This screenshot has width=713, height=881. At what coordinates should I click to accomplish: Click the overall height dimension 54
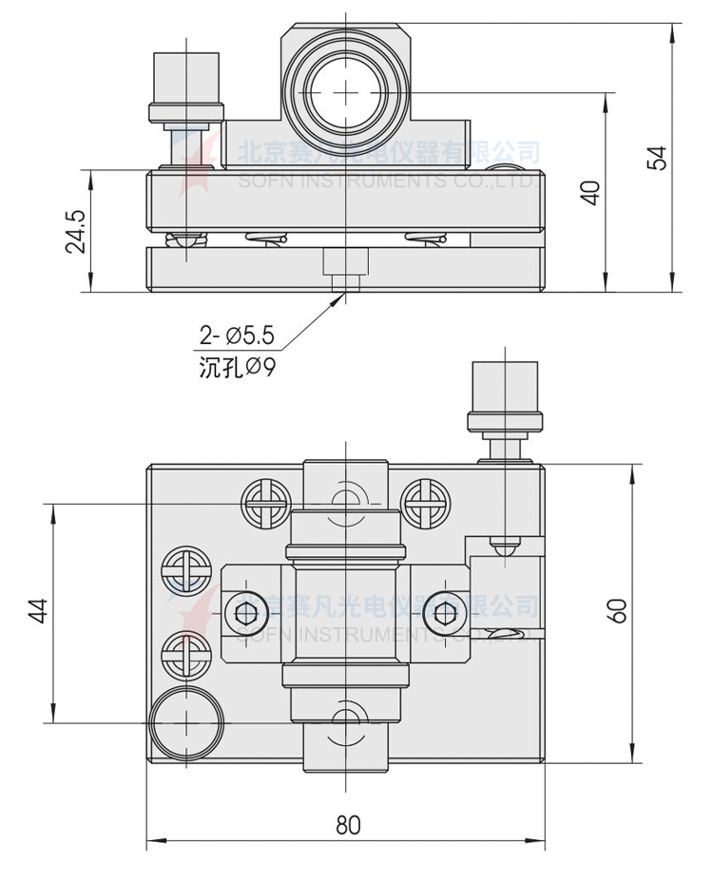pyautogui.click(x=657, y=157)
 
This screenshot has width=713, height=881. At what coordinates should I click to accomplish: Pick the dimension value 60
pyautogui.click(x=618, y=610)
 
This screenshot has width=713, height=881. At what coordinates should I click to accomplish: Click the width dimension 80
pyautogui.click(x=348, y=824)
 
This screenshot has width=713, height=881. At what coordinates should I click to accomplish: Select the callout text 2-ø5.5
pyautogui.click(x=236, y=335)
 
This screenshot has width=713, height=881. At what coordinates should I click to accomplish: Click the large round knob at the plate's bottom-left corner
pyautogui.click(x=185, y=724)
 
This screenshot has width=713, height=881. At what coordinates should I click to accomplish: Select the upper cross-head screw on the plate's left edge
pyautogui.click(x=184, y=571)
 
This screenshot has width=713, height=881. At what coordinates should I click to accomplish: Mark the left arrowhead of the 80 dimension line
pyautogui.click(x=150, y=841)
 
